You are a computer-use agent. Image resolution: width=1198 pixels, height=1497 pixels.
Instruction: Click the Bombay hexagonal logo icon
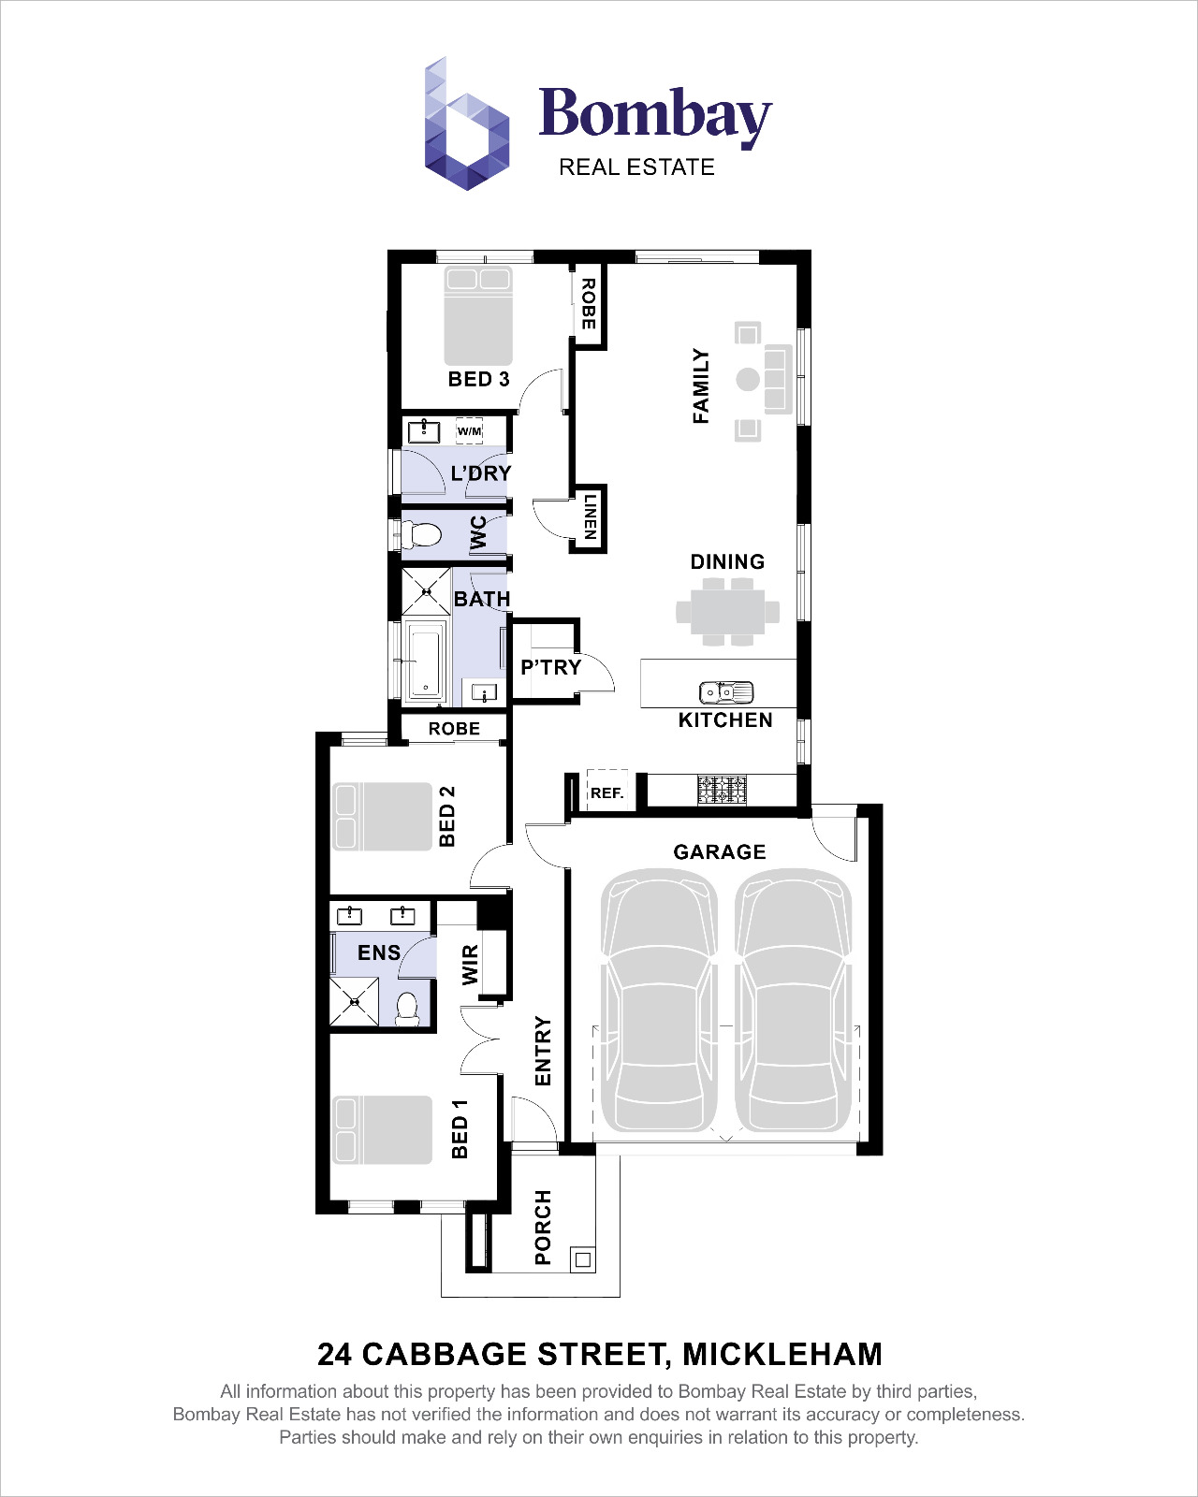pos(467,126)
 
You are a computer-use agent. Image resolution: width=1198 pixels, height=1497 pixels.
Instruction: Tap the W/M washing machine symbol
pos(469,430)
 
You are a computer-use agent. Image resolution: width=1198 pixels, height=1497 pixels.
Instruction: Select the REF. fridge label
pos(606,792)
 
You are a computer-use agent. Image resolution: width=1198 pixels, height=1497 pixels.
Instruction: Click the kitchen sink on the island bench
pos(726,692)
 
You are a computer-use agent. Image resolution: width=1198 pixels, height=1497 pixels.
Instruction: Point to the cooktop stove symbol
pos(723,789)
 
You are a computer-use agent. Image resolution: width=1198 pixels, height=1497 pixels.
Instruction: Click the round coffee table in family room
pos(747,379)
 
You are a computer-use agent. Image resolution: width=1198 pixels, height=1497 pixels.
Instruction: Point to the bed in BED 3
pos(478,316)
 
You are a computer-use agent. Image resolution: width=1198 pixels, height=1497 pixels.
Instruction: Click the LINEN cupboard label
pos(590,517)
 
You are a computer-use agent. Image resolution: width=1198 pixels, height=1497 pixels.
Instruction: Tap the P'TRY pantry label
pos(550,667)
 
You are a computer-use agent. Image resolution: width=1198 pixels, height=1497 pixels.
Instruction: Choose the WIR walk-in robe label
pos(470,964)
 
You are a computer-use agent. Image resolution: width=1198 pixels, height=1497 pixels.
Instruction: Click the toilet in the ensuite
pos(406,1009)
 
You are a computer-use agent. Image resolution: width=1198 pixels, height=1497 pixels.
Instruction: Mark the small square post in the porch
pos(582,1260)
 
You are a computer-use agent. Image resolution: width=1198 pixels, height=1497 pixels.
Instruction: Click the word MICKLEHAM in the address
pos(782,1354)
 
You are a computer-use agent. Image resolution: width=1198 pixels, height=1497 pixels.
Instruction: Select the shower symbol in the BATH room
pos(426,591)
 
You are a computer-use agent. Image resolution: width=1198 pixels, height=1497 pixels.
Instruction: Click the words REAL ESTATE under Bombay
pos(636,167)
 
